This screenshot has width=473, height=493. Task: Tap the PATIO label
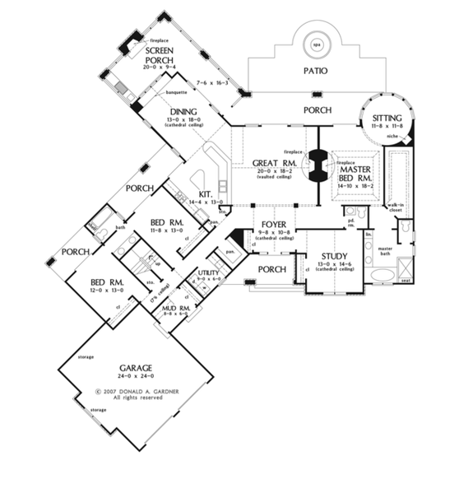pyautogui.click(x=314, y=71)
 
